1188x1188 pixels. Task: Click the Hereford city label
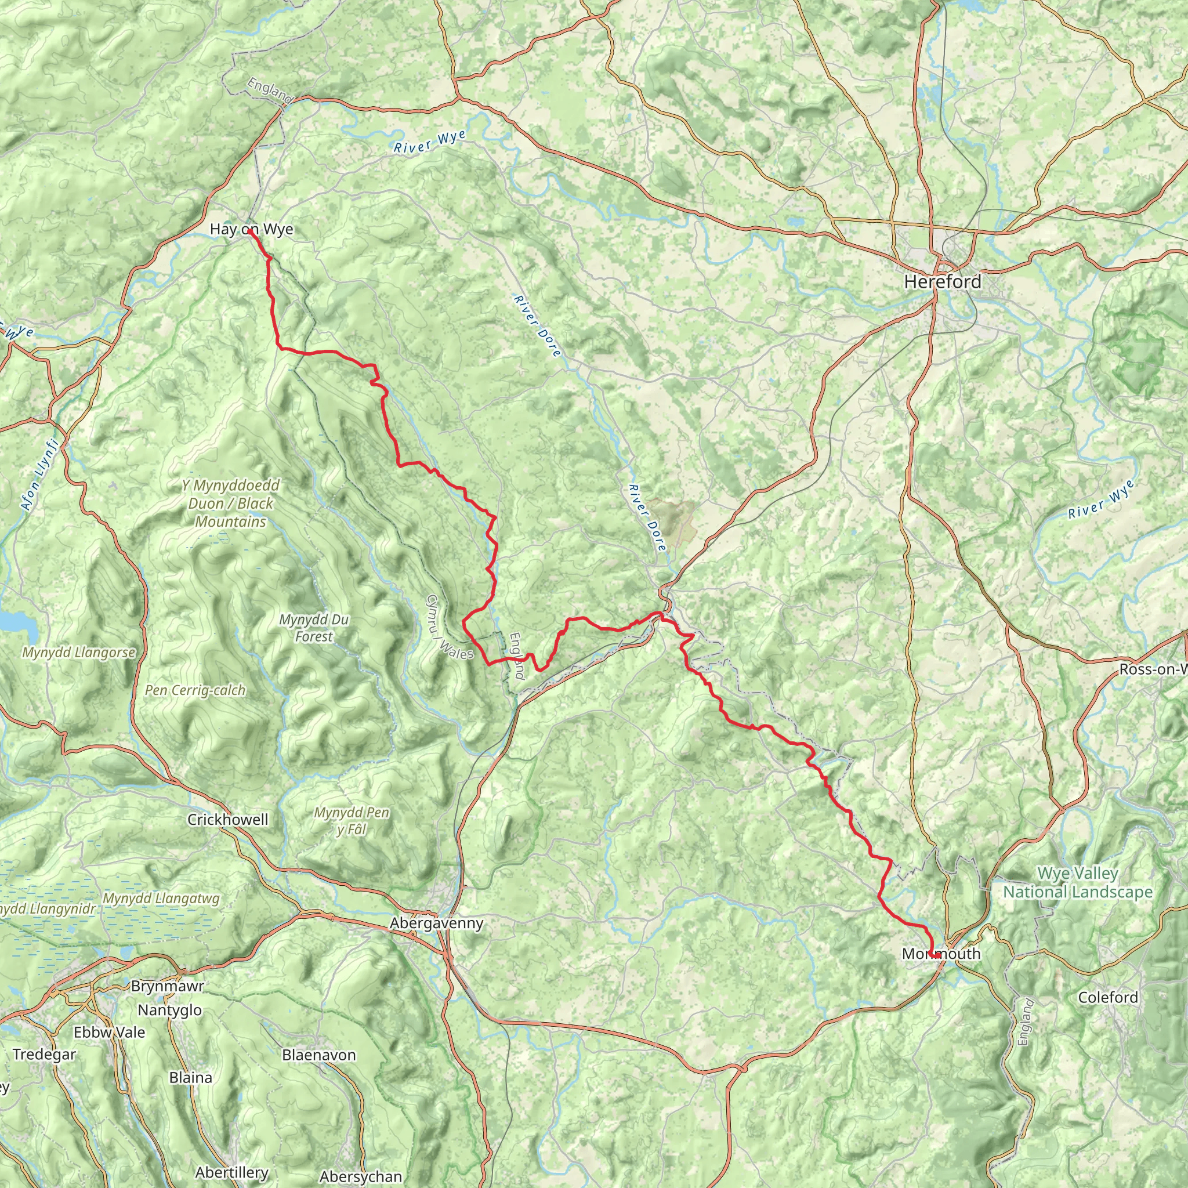coord(942,282)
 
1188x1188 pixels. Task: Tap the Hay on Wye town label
coord(252,229)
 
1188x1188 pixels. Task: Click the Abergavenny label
coord(437,923)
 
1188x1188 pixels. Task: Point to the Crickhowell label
coord(227,820)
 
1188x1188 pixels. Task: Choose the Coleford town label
coord(1108,997)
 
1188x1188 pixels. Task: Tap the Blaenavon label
coord(318,1055)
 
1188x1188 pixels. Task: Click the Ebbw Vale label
coord(109,1033)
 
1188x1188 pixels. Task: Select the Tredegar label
coord(44,1055)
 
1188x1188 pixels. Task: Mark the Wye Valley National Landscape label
coord(1078,882)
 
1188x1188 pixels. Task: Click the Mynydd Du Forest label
coord(314,628)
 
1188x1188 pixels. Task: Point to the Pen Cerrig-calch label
coord(195,690)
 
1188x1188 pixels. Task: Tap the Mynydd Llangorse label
coord(79,653)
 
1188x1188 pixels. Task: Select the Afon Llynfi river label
coord(39,474)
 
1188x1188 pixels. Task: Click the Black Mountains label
coord(231,504)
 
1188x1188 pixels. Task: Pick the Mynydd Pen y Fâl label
coord(352,821)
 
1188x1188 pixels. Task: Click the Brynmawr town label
coord(167,986)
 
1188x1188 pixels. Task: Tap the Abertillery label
coord(232,1172)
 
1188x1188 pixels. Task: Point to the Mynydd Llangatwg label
coord(161,899)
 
